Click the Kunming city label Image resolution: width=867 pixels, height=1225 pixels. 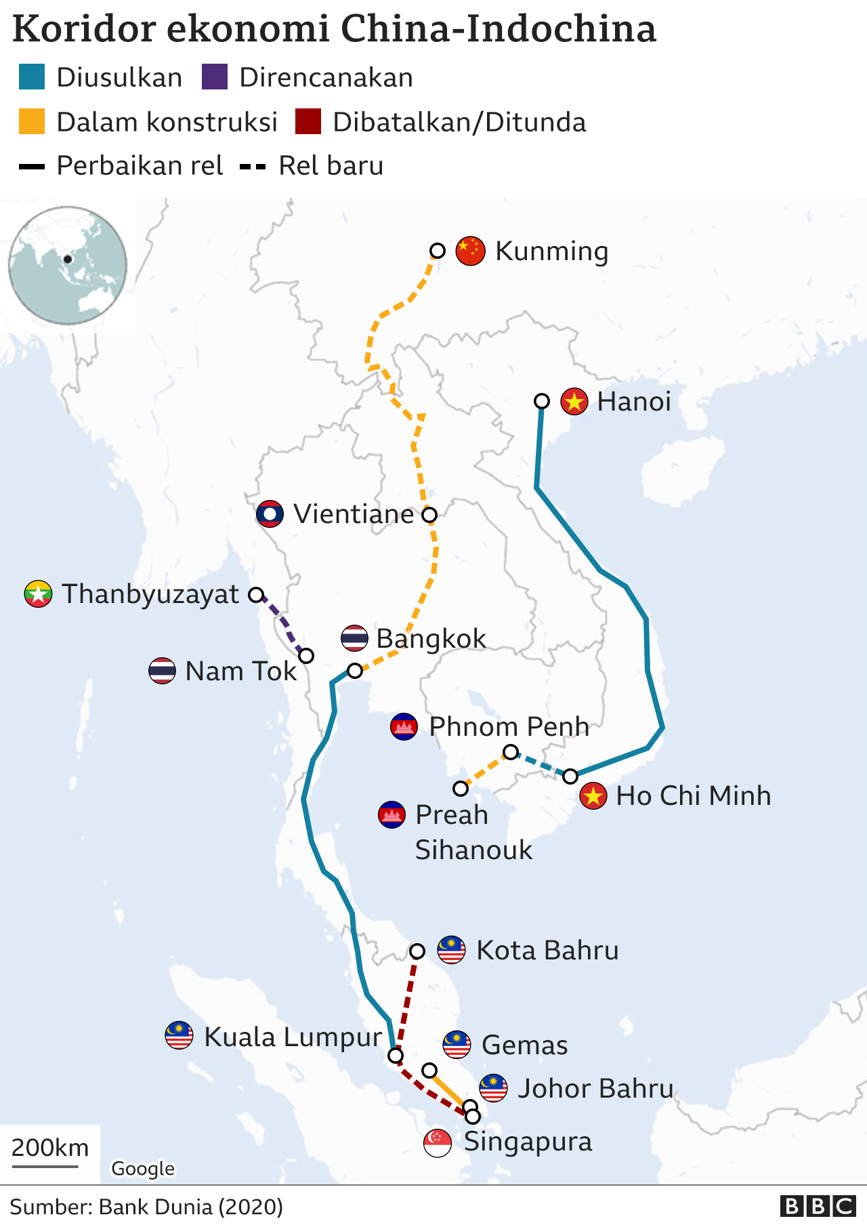point(551,251)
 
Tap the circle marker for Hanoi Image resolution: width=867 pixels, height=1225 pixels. point(542,401)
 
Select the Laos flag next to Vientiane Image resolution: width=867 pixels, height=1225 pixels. point(270,514)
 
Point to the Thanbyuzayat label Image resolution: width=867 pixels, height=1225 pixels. point(150,594)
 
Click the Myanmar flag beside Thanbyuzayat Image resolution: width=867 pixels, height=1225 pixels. point(38,594)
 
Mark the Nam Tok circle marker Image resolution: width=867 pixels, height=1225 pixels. point(306,656)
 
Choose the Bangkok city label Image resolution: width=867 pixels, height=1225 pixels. point(431,638)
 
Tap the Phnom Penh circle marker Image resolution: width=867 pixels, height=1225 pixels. point(511,751)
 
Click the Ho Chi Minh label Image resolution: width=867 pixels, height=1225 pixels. point(693,796)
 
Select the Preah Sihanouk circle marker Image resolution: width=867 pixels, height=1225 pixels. point(461,789)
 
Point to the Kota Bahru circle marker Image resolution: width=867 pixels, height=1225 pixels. point(417,951)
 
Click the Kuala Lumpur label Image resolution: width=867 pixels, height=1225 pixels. point(293,1037)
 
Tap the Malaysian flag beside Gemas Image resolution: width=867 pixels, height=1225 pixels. point(457,1045)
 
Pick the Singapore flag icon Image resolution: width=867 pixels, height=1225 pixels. point(438,1143)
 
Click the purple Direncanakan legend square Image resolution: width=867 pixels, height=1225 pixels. point(215,77)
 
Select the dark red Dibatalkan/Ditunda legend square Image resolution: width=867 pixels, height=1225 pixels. point(308,122)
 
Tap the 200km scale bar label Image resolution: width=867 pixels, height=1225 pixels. point(50,1148)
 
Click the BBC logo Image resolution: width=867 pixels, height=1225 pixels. point(818,1206)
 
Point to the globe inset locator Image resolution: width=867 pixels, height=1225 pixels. point(68,266)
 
